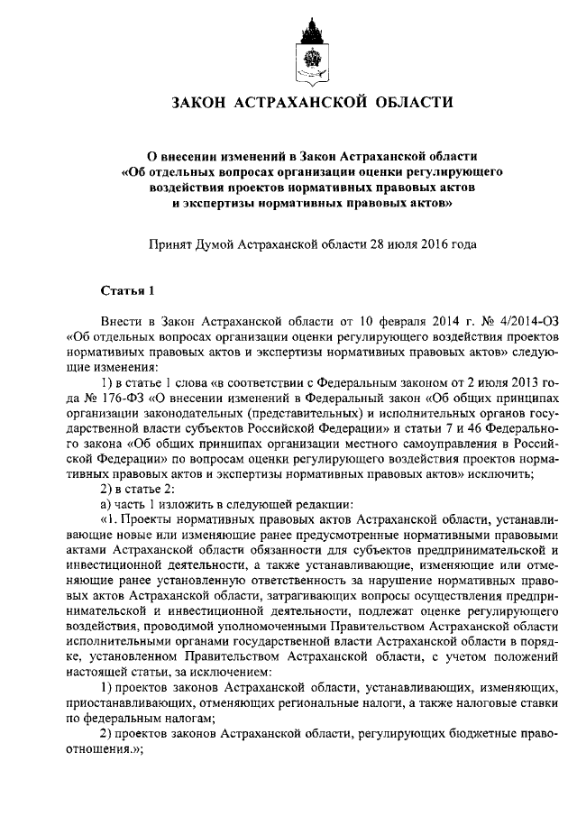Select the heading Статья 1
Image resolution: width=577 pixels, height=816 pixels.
pyautogui.click(x=127, y=289)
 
